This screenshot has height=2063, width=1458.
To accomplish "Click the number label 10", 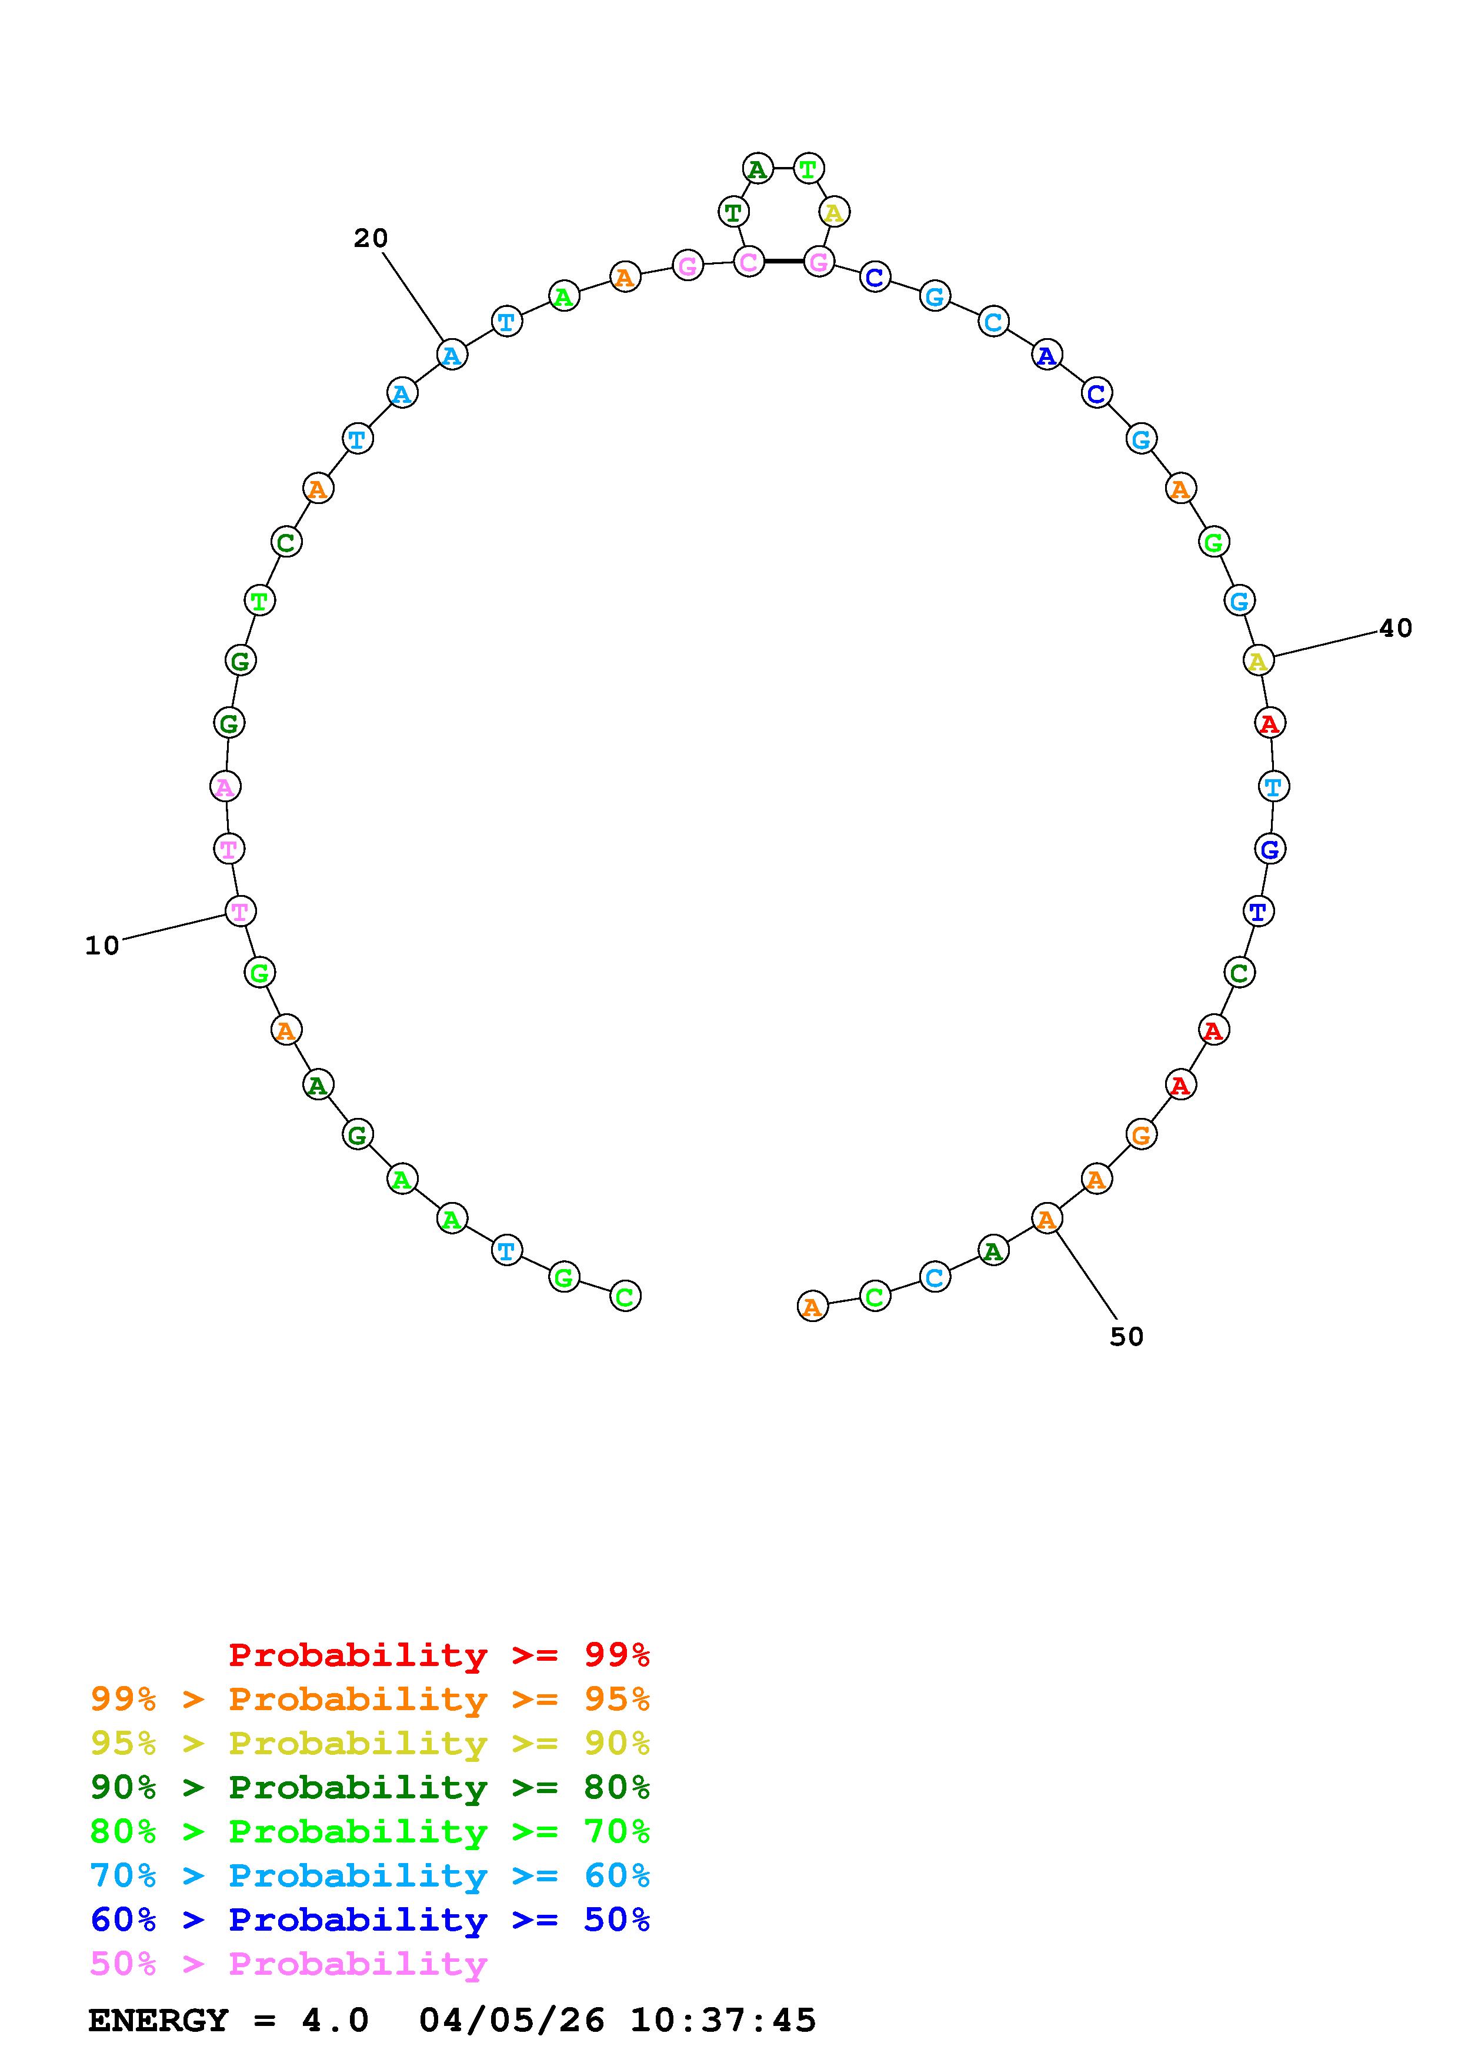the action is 102,945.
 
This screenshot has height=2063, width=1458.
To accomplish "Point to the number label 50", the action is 1126,1337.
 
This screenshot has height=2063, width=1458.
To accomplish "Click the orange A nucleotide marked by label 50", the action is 1046,1219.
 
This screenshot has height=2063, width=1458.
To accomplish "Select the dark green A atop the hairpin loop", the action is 758,168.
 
